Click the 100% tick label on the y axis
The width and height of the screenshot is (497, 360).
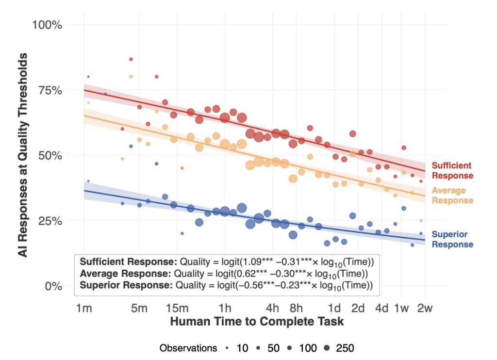pos(48,24)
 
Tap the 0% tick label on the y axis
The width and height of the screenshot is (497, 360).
pos(53,286)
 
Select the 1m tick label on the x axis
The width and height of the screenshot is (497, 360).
pos(84,308)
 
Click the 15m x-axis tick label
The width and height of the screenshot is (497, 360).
pos(177,308)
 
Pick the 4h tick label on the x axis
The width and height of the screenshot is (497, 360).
pos(273,308)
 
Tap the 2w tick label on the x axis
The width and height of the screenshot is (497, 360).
pos(425,308)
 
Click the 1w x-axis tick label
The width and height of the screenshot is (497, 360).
pos(401,308)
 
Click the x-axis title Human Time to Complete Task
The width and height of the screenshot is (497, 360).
pos(257,322)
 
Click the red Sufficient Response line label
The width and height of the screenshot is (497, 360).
pos(452,171)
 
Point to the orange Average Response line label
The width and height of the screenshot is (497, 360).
pos(452,196)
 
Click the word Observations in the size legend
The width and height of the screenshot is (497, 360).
pos(188,348)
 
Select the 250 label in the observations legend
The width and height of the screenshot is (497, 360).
pos(345,348)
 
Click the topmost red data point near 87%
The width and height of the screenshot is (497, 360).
pos(131,59)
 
